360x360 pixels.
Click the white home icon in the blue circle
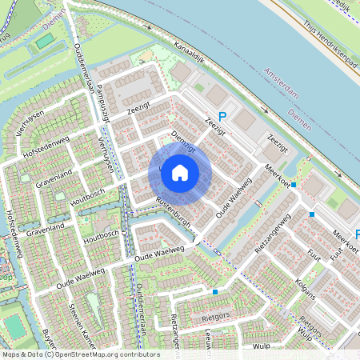coord(180,172)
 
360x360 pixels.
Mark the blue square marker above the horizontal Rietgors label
coord(215,292)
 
